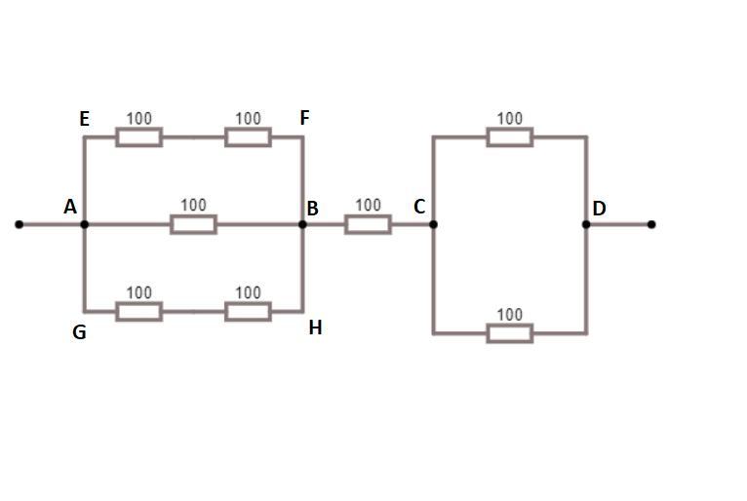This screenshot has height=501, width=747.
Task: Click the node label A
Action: pyautogui.click(x=70, y=207)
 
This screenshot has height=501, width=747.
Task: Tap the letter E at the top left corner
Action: pyautogui.click(x=85, y=119)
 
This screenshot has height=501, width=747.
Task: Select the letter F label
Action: pyautogui.click(x=304, y=118)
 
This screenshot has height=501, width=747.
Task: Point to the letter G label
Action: pyautogui.click(x=79, y=332)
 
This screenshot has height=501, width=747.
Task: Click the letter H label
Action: pyautogui.click(x=315, y=328)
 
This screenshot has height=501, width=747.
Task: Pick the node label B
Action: pyautogui.click(x=313, y=209)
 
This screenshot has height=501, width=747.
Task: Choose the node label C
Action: pyautogui.click(x=419, y=207)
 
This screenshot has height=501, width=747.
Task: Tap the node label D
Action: pyautogui.click(x=599, y=208)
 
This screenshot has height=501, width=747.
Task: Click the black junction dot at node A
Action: pyautogui.click(x=85, y=224)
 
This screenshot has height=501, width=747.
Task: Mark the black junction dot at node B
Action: pyautogui.click(x=302, y=224)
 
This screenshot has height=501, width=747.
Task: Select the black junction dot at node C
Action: pyautogui.click(x=433, y=224)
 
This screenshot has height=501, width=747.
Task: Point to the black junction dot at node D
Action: pyautogui.click(x=586, y=224)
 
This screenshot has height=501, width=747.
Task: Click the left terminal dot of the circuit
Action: pyautogui.click(x=19, y=224)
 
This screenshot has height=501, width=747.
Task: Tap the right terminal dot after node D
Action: pyautogui.click(x=651, y=224)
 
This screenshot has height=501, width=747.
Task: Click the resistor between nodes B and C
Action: pyautogui.click(x=368, y=224)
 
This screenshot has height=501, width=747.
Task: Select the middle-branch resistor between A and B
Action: pyautogui.click(x=193, y=224)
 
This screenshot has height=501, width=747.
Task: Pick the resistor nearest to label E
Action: pyautogui.click(x=139, y=136)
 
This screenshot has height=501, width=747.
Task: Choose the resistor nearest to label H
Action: pyautogui.click(x=248, y=311)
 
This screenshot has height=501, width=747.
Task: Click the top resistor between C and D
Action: pyautogui.click(x=510, y=136)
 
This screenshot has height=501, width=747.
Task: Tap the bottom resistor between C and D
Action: pyautogui.click(x=510, y=333)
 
